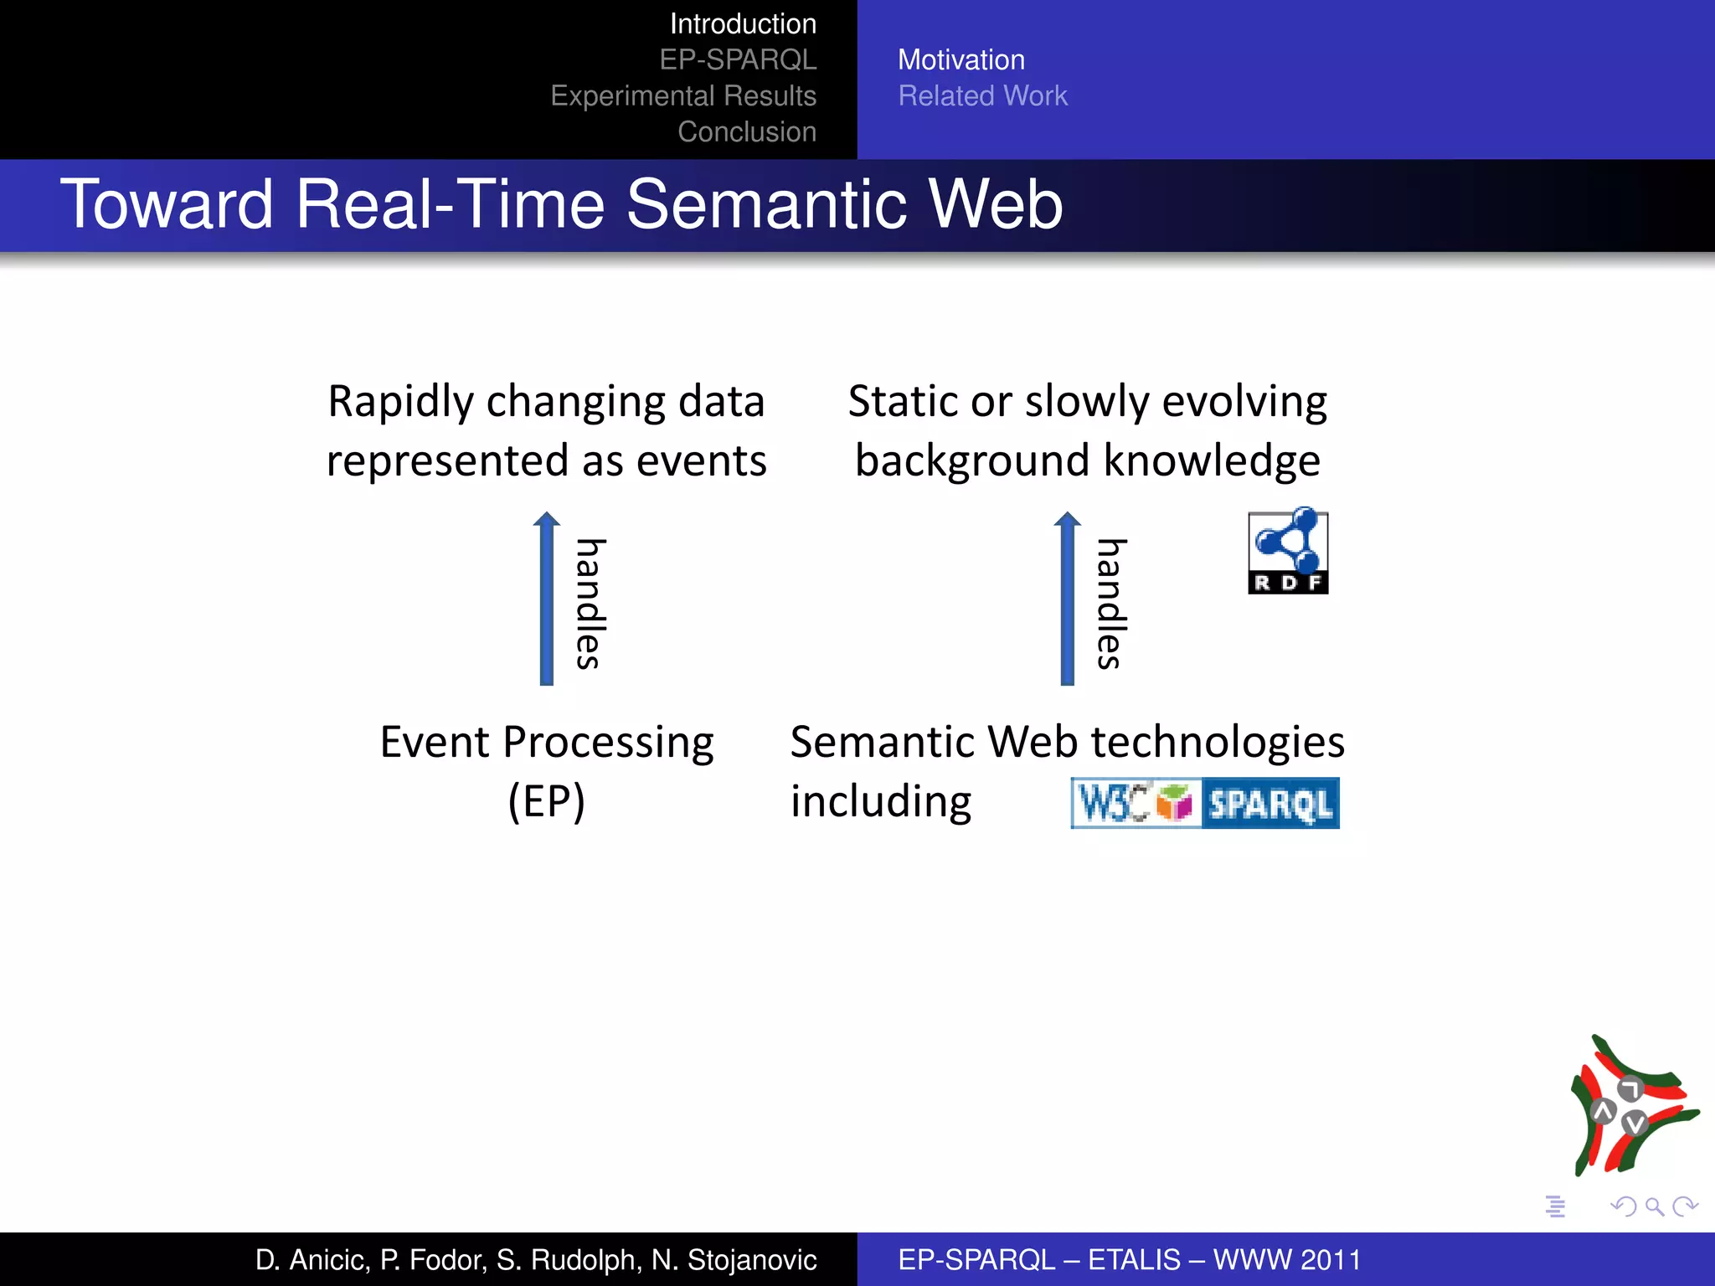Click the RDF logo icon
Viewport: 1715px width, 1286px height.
pyautogui.click(x=1288, y=551)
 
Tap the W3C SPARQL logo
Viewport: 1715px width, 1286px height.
pyautogui.click(x=1204, y=803)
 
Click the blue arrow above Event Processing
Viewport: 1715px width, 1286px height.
pyautogui.click(x=547, y=599)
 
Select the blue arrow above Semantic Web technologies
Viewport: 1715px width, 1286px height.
pyautogui.click(x=1067, y=599)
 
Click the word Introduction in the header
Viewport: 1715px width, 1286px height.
pyautogui.click(x=743, y=24)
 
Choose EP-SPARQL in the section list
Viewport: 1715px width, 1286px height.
pyautogui.click(x=738, y=60)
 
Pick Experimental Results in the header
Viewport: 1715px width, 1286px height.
pyautogui.click(x=683, y=96)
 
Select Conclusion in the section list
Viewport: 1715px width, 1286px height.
pyautogui.click(x=747, y=132)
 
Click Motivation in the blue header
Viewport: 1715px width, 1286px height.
pyautogui.click(x=961, y=60)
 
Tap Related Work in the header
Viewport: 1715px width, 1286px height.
pyautogui.click(x=982, y=96)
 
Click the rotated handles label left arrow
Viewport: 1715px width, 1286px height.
pyautogui.click(x=590, y=604)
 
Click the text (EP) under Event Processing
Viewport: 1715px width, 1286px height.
pyautogui.click(x=547, y=801)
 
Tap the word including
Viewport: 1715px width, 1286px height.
pyautogui.click(x=881, y=801)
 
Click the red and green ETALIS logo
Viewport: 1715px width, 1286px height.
pyautogui.click(x=1633, y=1105)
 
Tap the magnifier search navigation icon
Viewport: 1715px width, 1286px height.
pyautogui.click(x=1654, y=1206)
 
